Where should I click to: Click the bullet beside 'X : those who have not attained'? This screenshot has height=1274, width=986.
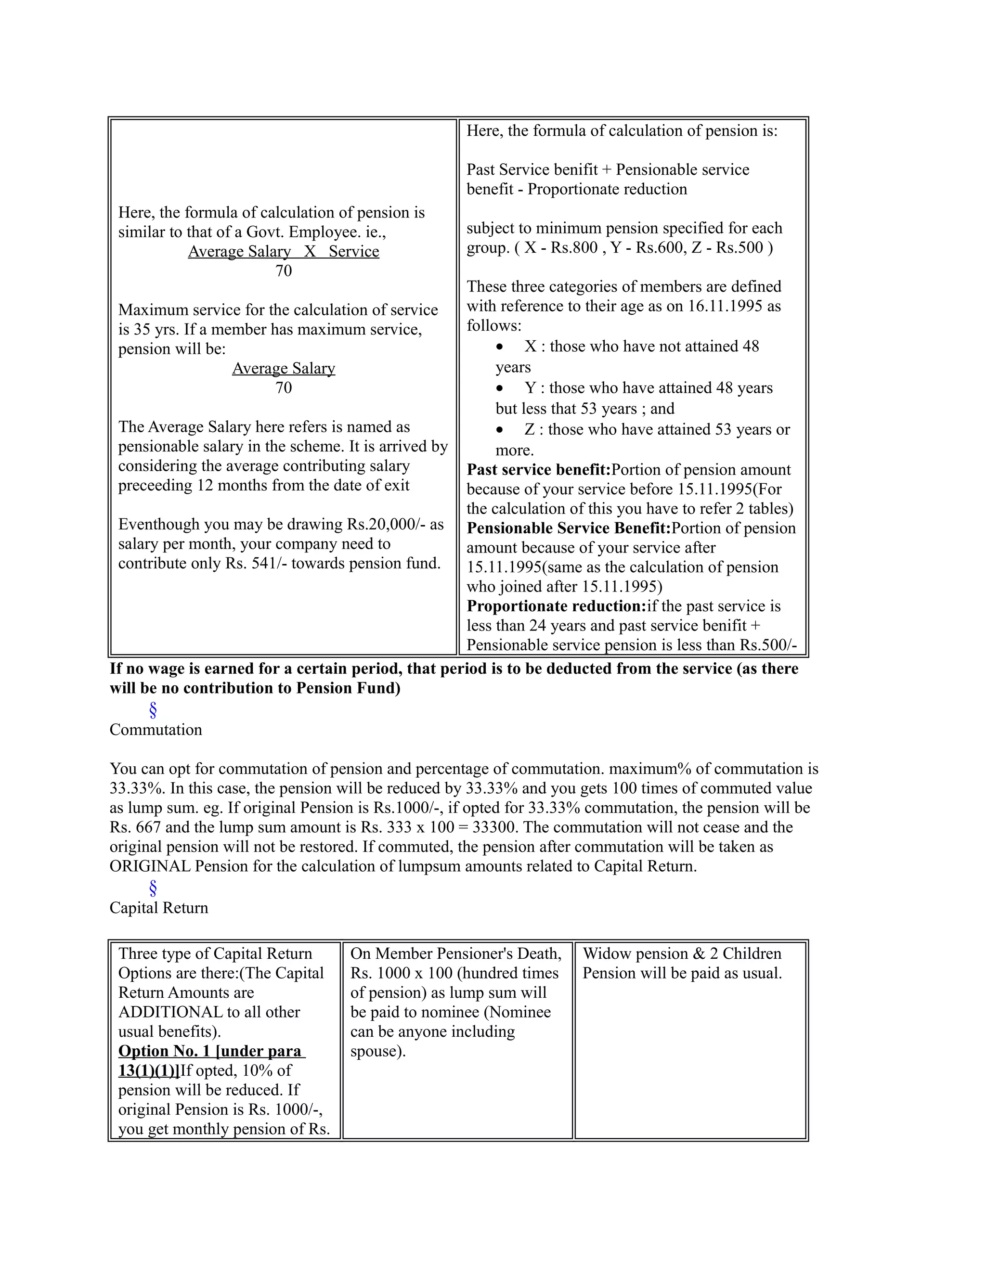499,347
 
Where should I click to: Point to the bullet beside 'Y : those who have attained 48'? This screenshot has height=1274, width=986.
499,388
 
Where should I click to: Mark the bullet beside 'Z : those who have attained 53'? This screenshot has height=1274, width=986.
499,430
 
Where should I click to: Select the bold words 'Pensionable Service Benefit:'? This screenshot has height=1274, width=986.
568,528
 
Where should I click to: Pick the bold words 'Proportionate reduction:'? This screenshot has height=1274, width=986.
556,606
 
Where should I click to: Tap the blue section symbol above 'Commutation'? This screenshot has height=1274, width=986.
153,710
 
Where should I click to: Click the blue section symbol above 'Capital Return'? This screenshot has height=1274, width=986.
153,888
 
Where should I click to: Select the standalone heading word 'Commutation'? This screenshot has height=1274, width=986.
156,730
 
